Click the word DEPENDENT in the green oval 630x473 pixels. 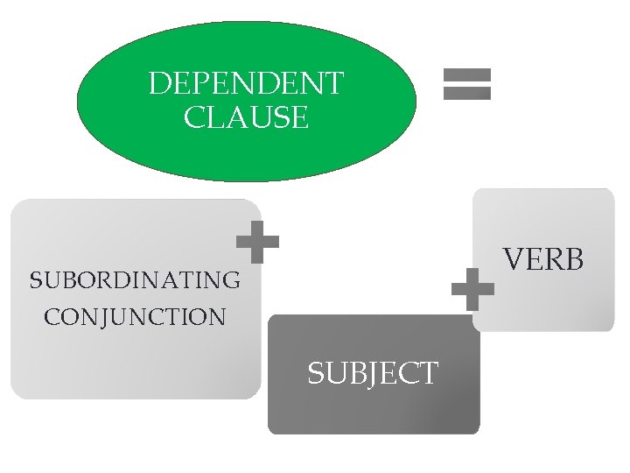[247, 84]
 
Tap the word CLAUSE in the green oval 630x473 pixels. [247, 117]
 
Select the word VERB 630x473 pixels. [543, 259]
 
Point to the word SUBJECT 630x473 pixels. [372, 374]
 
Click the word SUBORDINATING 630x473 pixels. [135, 280]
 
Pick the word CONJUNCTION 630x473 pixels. [135, 316]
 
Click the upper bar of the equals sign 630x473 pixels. [467, 76]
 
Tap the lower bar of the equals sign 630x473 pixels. [467, 92]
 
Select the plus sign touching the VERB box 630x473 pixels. [473, 289]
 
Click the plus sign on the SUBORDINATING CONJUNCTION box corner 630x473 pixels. [258, 242]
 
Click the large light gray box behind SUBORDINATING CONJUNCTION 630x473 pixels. [131, 359]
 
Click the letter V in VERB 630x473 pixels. [514, 259]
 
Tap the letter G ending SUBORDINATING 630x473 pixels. [231, 280]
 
